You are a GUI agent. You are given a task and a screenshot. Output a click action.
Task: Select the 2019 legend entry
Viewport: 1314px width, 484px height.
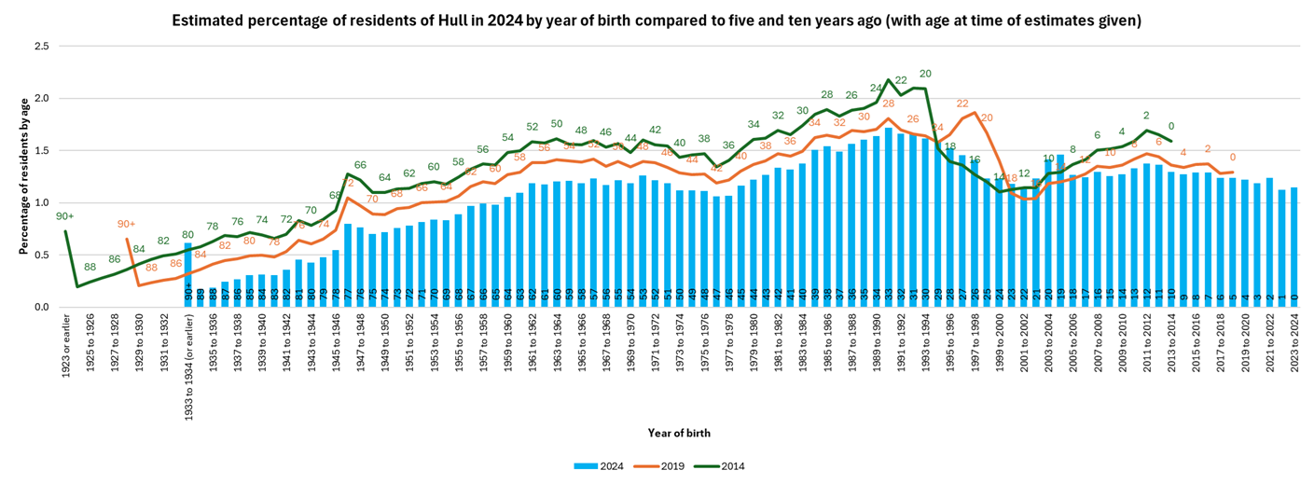click(x=670, y=466)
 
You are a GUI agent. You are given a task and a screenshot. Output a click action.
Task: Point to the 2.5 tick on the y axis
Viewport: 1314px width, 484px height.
click(x=40, y=46)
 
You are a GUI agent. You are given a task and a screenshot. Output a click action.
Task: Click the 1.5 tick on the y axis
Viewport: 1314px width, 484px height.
click(x=40, y=150)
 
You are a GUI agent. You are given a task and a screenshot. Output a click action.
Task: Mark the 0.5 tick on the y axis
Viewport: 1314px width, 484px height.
click(x=40, y=255)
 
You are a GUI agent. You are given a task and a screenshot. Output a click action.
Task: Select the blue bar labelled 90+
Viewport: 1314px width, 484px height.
click(x=188, y=275)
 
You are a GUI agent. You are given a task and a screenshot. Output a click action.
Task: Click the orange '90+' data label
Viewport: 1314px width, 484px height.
click(x=128, y=224)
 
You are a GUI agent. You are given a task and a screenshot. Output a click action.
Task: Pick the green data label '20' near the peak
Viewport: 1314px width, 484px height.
click(x=925, y=74)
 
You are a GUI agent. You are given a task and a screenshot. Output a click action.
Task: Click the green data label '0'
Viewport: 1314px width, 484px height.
click(x=1170, y=126)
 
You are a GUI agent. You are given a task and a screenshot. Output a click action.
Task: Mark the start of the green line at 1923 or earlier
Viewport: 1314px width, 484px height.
click(x=65, y=230)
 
